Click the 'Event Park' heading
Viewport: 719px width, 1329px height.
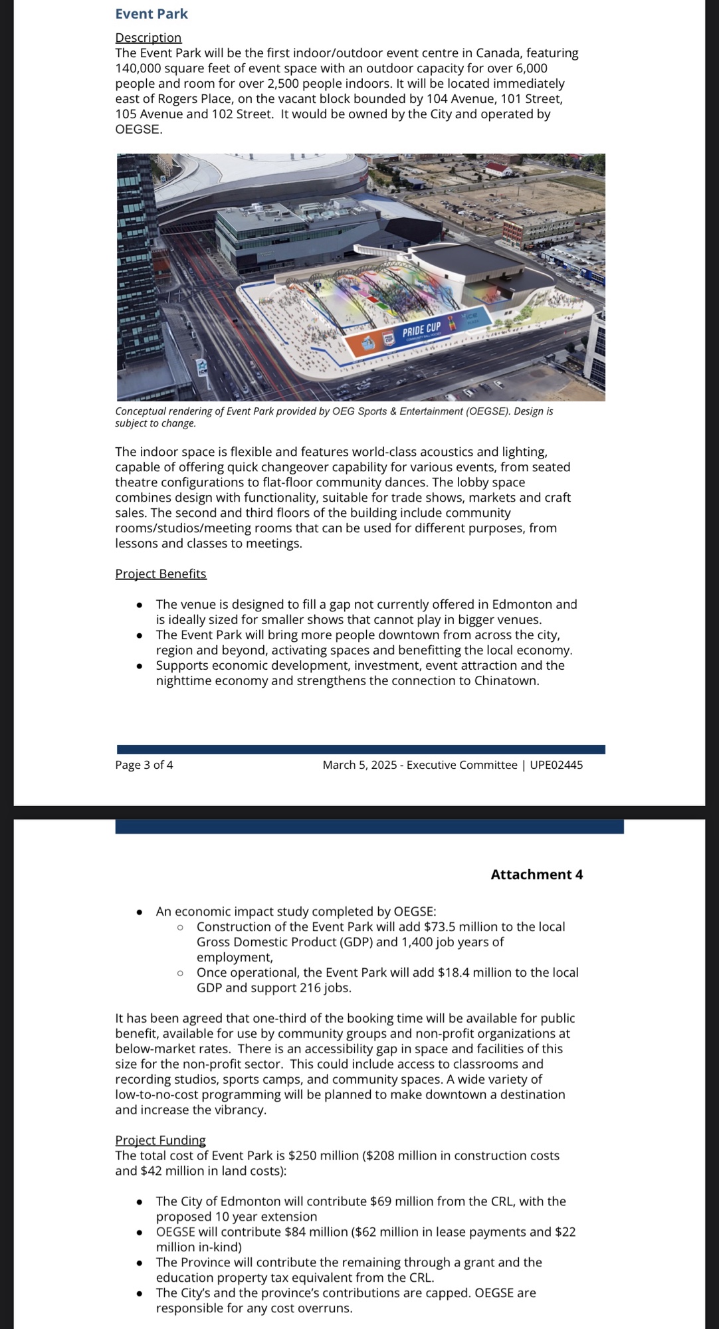coord(152,14)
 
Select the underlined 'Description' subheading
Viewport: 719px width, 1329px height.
coord(148,38)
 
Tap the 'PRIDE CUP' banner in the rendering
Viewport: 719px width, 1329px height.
coord(421,329)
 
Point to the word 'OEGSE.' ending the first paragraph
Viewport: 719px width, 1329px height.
coord(139,130)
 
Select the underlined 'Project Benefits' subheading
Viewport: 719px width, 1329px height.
coord(161,573)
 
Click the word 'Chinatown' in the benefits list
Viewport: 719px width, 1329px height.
coord(504,681)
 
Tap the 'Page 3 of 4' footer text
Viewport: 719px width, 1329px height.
coord(144,765)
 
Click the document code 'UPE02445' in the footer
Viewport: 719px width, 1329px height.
coord(556,765)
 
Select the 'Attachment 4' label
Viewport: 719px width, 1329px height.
coord(537,874)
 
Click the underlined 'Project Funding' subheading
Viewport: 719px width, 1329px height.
coord(160,1140)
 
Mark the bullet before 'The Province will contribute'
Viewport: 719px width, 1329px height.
coord(139,1263)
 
